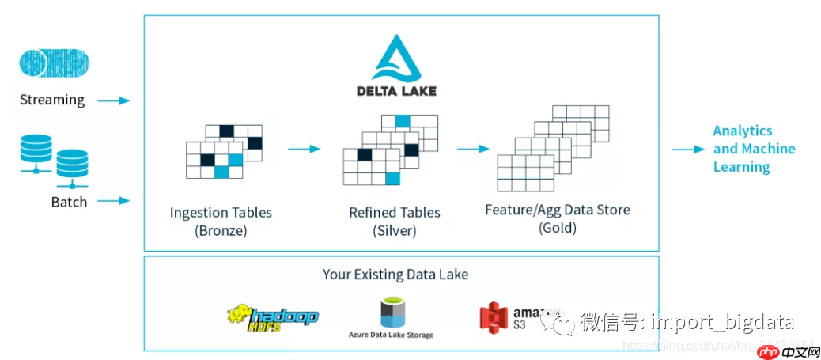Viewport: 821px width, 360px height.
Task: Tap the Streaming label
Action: (52, 100)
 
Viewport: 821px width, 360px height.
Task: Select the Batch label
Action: (69, 202)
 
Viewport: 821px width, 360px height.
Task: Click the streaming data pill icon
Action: (54, 63)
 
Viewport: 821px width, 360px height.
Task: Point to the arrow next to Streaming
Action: (113, 100)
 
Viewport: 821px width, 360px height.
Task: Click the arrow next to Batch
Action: (113, 201)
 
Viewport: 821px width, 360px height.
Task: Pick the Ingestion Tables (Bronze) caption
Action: (221, 222)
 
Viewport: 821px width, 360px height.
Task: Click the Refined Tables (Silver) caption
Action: (395, 222)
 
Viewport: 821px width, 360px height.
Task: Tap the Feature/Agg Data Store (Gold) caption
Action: (557, 218)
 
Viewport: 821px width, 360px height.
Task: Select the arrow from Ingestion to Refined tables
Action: (303, 148)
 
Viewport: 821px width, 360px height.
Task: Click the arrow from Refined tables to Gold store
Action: (473, 148)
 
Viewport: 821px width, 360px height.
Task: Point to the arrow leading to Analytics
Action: (687, 149)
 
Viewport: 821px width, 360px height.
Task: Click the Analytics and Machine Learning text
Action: (753, 149)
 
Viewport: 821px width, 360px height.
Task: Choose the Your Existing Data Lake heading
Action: (395, 275)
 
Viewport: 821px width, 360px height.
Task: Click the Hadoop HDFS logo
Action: (272, 316)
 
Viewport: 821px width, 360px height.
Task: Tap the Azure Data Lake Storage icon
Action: (390, 312)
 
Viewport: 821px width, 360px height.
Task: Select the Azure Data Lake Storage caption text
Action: (391, 335)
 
